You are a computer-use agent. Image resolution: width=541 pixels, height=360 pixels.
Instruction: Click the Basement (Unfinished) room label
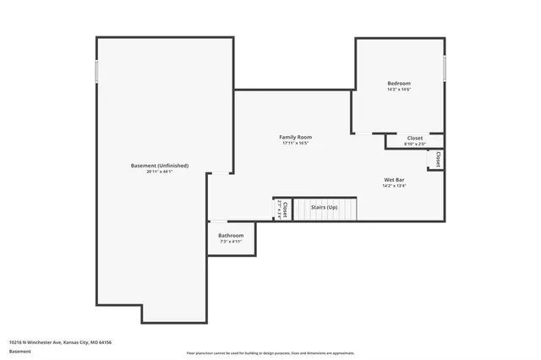pos(160,166)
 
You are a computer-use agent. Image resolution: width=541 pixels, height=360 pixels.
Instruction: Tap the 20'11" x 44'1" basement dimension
pos(160,172)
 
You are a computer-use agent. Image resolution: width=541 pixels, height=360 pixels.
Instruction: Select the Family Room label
pos(296,137)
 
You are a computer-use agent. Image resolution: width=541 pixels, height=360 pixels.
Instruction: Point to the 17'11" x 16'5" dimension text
pos(296,144)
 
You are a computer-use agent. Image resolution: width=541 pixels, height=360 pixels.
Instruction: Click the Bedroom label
pos(399,83)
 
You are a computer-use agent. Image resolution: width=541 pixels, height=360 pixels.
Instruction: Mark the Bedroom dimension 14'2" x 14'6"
pos(399,90)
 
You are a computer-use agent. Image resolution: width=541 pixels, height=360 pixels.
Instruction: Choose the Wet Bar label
pos(395,179)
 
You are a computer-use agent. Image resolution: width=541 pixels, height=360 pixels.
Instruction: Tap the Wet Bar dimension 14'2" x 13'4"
pos(395,186)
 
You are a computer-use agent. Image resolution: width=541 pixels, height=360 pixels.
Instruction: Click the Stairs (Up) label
pos(325,207)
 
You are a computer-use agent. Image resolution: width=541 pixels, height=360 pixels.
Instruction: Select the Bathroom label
pos(231,235)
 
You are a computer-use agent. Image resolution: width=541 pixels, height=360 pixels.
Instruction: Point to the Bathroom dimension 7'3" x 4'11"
pos(231,242)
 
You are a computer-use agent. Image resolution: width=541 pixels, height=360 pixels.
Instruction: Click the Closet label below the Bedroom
pos(415,138)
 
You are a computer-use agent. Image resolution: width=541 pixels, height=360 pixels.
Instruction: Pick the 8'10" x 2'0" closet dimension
pos(415,145)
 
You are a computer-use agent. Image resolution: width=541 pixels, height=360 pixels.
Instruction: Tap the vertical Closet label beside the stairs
pos(285,208)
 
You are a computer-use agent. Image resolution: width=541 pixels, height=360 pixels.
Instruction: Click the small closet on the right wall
pos(436,160)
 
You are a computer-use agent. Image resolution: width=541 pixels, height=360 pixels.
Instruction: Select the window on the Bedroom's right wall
pos(445,68)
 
